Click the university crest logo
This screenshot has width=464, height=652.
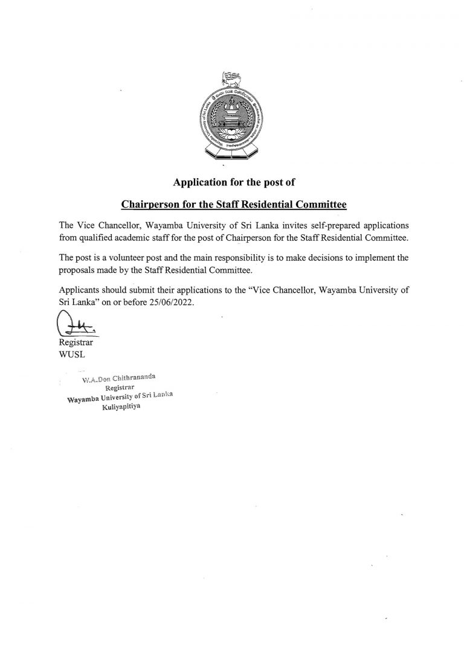(x=232, y=117)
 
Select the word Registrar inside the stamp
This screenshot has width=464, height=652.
(x=119, y=388)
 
